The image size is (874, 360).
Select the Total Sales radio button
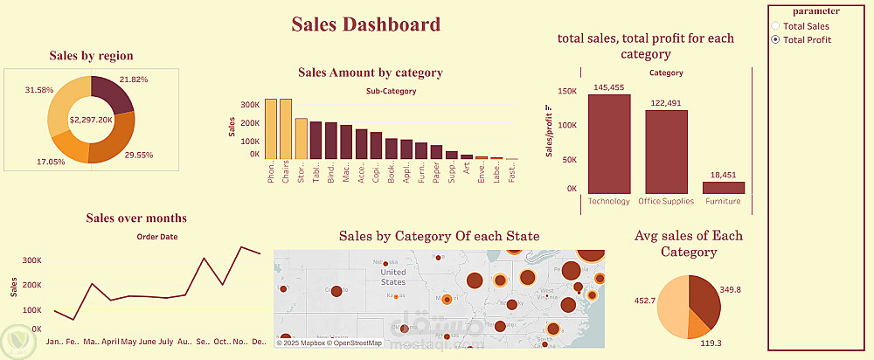[775, 26]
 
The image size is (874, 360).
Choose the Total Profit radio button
[775, 40]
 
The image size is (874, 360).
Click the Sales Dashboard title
[365, 24]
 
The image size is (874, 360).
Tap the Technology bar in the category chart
[609, 143]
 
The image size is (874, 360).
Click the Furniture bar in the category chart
[724, 187]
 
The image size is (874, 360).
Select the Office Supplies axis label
[666, 201]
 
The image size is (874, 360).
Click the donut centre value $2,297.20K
[92, 119]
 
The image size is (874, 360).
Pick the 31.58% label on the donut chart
[40, 90]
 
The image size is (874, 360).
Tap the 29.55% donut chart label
[138, 155]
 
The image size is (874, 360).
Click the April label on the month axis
[109, 342]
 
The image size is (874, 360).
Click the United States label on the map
[393, 277]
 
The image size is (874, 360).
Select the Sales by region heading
[92, 56]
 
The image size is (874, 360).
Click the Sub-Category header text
[391, 91]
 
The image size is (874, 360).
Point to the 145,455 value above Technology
[609, 87]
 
